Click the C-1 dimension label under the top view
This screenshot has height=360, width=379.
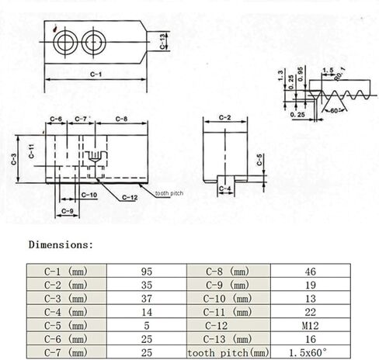(96, 74)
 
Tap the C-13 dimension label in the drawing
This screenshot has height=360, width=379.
(162, 41)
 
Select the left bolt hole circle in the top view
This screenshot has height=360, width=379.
(65, 42)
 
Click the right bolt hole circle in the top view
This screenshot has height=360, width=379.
(93, 42)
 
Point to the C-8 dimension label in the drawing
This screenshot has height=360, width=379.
(121, 119)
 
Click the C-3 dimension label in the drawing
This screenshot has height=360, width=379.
(14, 159)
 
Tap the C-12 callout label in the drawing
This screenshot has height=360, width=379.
(130, 198)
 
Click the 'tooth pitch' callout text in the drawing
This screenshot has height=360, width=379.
(169, 193)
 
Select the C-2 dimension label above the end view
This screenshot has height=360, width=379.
(224, 118)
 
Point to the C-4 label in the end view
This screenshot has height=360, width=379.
(224, 189)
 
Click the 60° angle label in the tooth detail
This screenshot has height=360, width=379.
(334, 111)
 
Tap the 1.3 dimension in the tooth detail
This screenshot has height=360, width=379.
(280, 76)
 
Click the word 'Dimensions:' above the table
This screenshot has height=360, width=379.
(61, 244)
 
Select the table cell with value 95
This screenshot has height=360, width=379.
(147, 271)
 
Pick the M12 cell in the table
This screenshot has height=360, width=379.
(311, 326)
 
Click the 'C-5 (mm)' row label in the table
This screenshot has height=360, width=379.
(67, 326)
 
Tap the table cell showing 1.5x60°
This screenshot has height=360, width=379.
(311, 352)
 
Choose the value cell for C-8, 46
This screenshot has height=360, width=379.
(311, 271)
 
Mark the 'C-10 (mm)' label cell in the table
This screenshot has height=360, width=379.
(228, 299)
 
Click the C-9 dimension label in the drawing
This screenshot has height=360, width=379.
(68, 211)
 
